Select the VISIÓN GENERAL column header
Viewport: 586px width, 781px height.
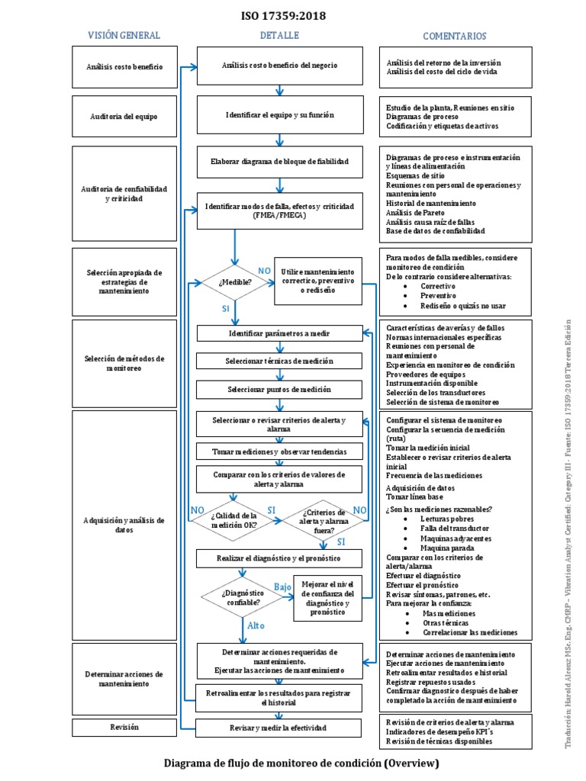(x=124, y=36)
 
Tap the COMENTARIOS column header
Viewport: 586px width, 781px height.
(x=455, y=36)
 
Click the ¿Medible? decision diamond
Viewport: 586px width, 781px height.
(x=235, y=282)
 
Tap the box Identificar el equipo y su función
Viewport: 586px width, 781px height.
(x=279, y=115)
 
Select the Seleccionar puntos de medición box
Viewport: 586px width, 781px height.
(x=279, y=389)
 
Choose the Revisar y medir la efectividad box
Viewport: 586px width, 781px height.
(x=279, y=728)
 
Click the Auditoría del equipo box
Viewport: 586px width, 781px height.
(x=124, y=116)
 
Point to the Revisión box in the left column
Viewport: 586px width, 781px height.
(x=124, y=728)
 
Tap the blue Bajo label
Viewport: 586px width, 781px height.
(x=282, y=587)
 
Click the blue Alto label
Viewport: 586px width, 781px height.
(x=256, y=625)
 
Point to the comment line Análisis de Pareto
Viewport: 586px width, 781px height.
(x=416, y=213)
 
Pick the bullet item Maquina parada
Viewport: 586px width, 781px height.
(x=446, y=548)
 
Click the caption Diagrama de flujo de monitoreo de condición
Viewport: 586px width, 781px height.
(x=302, y=763)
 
